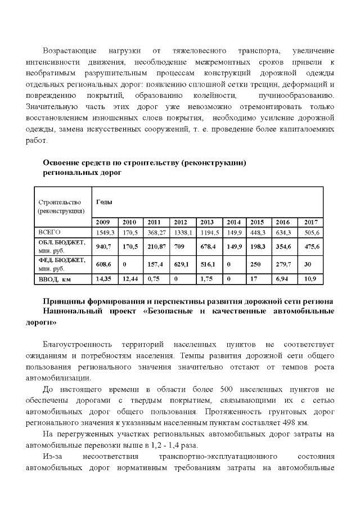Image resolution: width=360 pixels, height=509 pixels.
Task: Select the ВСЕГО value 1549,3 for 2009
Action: point(105,232)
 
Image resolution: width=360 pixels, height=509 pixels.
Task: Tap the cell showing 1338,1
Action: point(183,232)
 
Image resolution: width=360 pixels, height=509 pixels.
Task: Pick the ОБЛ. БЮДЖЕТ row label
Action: point(61,242)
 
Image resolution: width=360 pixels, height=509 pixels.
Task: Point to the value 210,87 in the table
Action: point(157,246)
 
